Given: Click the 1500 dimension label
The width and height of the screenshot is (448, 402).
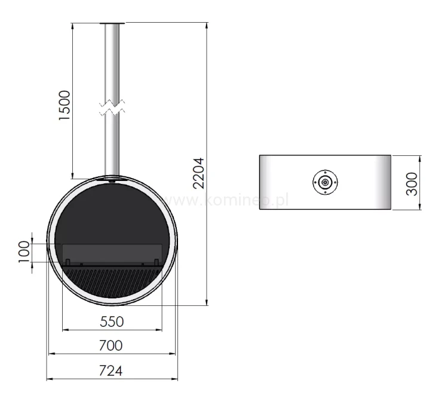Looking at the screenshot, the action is [65, 106].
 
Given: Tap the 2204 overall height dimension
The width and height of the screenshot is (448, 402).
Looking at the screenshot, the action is [198, 173].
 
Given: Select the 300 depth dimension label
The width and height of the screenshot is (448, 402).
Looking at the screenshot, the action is [412, 184].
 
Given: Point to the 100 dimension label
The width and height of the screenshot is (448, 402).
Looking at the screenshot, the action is [24, 252].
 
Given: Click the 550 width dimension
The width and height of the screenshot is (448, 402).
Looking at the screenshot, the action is [112, 322].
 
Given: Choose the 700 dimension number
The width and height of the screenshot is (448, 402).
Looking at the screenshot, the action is [111, 346].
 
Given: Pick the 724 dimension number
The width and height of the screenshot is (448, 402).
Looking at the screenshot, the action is [111, 371].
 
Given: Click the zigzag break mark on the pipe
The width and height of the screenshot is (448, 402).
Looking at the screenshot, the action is [112, 107].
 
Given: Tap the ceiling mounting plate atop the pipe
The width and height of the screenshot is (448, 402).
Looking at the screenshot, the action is [112, 23].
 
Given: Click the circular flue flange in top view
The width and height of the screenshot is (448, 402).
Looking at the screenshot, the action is [325, 182].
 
